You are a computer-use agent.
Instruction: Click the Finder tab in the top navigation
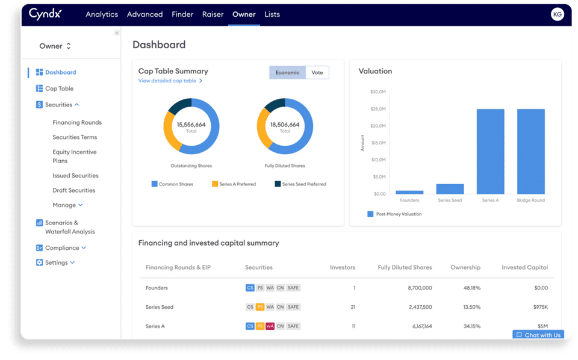pos(182,14)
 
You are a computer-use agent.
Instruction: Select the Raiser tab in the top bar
pos(213,14)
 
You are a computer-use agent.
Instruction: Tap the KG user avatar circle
pos(558,14)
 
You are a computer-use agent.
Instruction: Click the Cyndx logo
pos(45,14)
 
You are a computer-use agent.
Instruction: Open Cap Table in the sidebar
pos(59,88)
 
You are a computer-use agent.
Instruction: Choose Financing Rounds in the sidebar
pos(77,122)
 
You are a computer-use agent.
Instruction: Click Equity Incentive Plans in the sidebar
pos(75,157)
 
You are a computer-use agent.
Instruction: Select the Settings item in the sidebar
pos(56,262)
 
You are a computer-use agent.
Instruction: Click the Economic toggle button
pos(287,73)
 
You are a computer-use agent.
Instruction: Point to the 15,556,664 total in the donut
pos(191,125)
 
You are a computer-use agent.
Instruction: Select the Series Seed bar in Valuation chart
pos(450,188)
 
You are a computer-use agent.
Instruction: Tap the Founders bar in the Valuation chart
pos(409,192)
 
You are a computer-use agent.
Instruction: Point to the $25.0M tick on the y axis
pos(378,109)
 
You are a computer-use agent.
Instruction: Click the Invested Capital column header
pos(524,267)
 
